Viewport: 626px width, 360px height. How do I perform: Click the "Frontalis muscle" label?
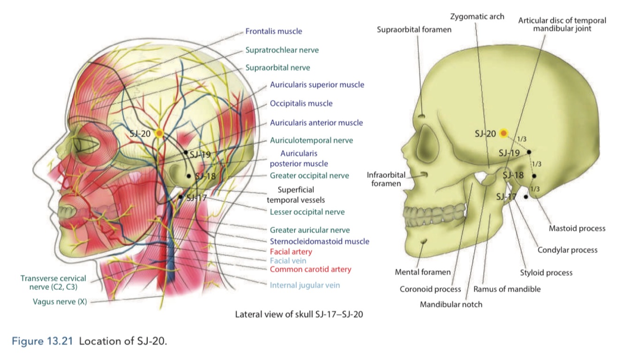pos(274,31)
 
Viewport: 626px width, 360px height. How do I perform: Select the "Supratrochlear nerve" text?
pos(282,49)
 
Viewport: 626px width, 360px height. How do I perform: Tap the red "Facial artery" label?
pos(290,252)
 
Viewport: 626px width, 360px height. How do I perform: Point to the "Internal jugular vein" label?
pos(305,285)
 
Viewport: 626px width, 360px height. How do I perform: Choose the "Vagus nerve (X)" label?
pos(60,302)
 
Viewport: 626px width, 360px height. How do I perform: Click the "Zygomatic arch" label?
pos(477,16)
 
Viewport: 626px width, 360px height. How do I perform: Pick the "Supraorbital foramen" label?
pos(414,30)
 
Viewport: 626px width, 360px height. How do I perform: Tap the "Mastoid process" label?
pos(577,229)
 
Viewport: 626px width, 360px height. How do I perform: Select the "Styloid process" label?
pos(546,272)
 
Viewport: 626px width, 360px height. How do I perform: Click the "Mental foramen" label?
pos(422,272)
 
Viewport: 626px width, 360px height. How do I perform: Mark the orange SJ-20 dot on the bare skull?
pos(504,134)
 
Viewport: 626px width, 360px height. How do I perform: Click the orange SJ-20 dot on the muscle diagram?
pos(159,134)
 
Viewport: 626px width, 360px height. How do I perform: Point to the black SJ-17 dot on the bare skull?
pos(526,197)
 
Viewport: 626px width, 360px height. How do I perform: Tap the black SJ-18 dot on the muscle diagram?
pos(189,176)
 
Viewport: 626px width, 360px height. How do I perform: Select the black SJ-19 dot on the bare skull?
pos(529,152)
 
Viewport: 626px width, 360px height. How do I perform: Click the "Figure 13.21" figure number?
pos(43,341)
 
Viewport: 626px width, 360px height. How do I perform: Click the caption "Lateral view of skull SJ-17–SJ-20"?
pos(298,314)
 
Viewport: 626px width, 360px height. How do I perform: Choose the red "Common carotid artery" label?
pos(310,269)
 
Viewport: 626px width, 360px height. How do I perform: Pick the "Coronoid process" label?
pos(430,289)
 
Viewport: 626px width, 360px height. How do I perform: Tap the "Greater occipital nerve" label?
pos(309,176)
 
